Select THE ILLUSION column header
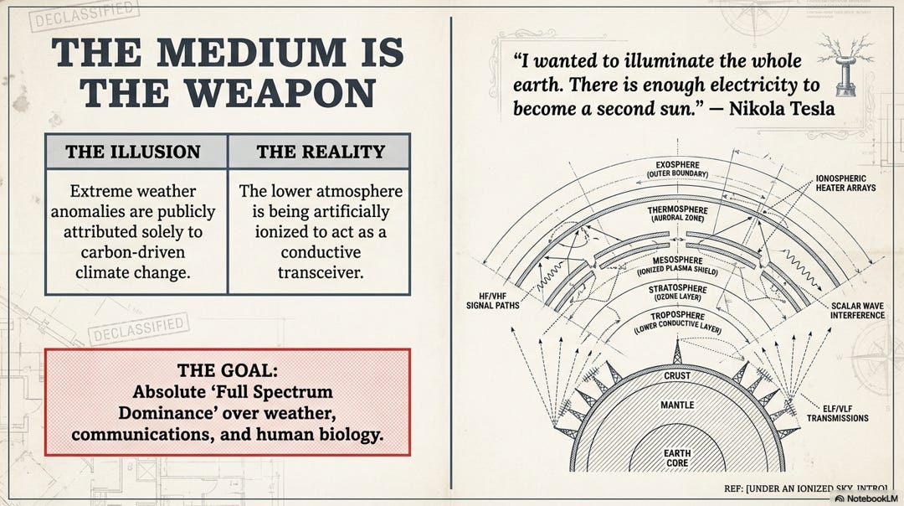click(x=133, y=152)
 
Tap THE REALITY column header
click(x=321, y=152)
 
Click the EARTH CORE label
click(x=677, y=458)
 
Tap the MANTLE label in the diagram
click(x=677, y=405)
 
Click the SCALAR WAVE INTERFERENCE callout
click(x=856, y=310)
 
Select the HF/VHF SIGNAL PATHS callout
click(x=493, y=301)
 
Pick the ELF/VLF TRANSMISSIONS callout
click(x=837, y=412)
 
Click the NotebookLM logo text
click(x=870, y=498)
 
